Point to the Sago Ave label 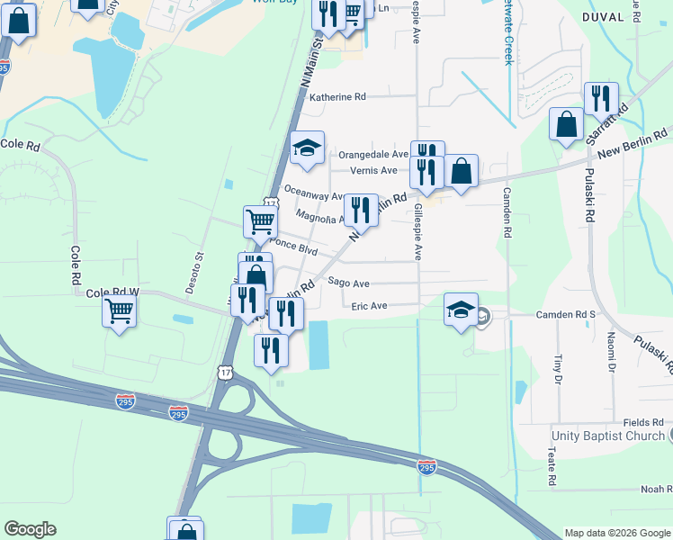click(349, 282)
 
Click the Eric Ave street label click(369, 306)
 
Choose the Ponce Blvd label click(294, 245)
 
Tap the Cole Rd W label click(112, 292)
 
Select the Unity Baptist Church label click(607, 436)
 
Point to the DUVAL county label click(602, 17)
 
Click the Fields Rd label click(643, 421)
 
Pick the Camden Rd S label click(567, 314)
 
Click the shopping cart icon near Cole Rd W click(119, 311)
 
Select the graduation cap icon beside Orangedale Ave click(307, 148)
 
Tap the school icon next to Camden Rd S click(461, 311)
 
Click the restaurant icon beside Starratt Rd click(600, 99)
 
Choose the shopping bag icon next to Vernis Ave click(461, 171)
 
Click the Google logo click(30, 529)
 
